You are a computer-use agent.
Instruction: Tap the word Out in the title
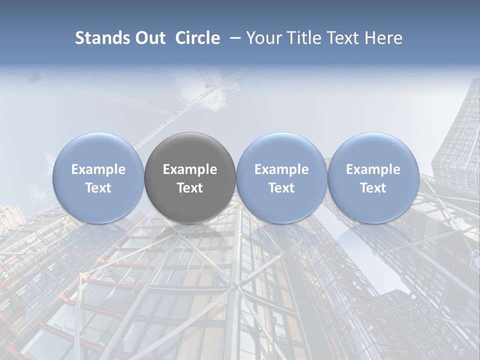(150, 38)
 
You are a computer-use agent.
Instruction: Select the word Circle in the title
(197, 38)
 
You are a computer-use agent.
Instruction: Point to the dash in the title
(233, 38)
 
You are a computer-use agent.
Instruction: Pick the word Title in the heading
(301, 38)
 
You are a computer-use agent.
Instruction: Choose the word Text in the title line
(341, 38)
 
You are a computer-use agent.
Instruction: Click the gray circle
(190, 177)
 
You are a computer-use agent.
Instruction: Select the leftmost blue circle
(98, 177)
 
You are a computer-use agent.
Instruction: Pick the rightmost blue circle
(373, 177)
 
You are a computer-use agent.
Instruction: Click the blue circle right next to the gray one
(281, 177)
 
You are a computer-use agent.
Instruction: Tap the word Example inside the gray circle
(190, 169)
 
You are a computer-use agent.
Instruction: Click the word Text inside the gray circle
(190, 188)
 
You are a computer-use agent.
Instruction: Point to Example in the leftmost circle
(98, 169)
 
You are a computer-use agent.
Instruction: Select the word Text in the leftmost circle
(98, 188)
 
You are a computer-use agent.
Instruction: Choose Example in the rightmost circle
(373, 169)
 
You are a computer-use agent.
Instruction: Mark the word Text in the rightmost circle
(373, 188)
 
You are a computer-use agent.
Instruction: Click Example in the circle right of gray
(281, 169)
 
